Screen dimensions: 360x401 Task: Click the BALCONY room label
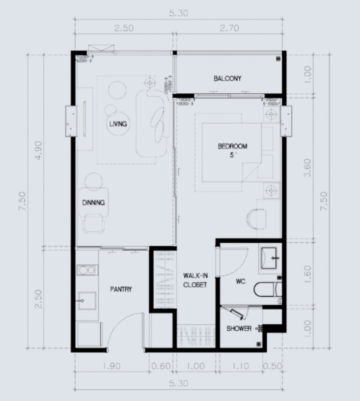click(227, 78)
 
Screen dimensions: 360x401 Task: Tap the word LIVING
click(118, 124)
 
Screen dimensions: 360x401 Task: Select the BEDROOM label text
click(232, 146)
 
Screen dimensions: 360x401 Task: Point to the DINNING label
click(93, 203)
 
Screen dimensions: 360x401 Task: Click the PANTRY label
click(121, 289)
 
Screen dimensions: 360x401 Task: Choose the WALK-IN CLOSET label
click(195, 280)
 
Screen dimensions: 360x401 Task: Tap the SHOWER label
click(239, 328)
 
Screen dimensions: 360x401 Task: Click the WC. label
click(241, 282)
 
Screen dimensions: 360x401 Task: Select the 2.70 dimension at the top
click(229, 28)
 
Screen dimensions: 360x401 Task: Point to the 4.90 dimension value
click(38, 150)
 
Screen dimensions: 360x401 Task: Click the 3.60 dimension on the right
click(308, 168)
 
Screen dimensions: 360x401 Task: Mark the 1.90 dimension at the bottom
click(111, 366)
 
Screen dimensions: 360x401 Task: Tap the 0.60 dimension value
click(161, 366)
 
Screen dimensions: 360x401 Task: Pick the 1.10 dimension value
click(241, 366)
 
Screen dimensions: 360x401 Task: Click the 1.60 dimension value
click(308, 274)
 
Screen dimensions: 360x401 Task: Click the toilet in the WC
click(268, 290)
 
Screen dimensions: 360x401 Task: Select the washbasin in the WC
click(268, 258)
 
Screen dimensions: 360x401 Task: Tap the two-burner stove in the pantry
click(87, 270)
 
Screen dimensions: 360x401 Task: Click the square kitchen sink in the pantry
click(87, 301)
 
